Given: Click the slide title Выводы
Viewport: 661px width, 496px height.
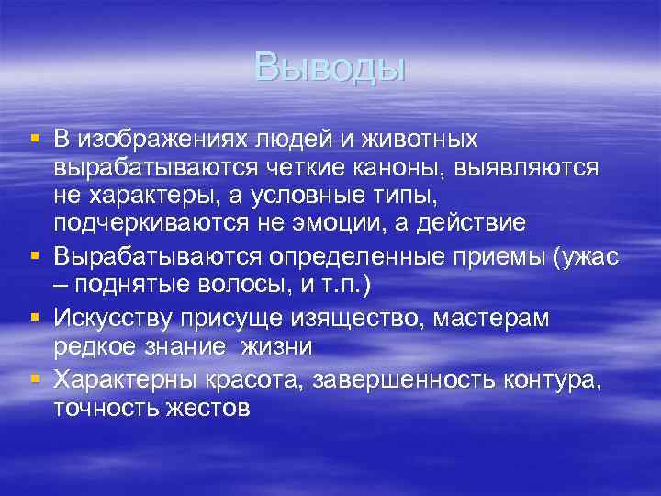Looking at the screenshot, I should (x=330, y=66).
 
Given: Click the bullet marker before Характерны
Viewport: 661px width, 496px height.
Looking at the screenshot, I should (x=34, y=378).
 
